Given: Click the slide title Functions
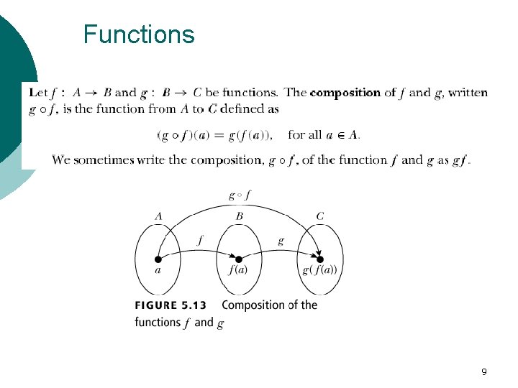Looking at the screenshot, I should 139,34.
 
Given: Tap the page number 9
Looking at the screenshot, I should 483,371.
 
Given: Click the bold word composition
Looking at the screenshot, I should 345,93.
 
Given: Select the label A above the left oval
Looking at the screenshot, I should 158,216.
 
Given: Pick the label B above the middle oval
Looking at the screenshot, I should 239,216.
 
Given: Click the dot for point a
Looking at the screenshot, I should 158,259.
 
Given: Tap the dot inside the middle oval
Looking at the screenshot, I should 238,259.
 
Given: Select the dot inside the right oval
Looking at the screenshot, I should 319,259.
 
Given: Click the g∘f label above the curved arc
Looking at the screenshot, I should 239,195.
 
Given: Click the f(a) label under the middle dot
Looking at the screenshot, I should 239,271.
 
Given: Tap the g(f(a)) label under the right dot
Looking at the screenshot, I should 319,271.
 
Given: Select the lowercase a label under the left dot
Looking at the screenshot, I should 158,270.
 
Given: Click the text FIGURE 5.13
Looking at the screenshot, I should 171,305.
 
